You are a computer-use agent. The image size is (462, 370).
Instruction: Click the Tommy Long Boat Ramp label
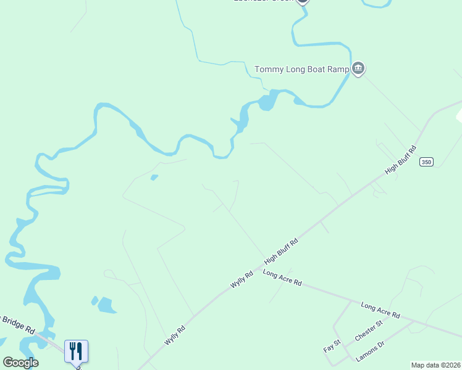(x=302, y=69)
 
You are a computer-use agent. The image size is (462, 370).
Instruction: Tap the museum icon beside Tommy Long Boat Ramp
(x=358, y=68)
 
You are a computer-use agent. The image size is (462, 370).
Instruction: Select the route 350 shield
(x=426, y=162)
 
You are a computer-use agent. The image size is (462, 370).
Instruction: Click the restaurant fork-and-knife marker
(x=77, y=351)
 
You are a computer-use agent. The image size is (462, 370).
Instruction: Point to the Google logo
(x=20, y=363)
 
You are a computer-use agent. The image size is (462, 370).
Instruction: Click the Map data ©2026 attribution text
(x=435, y=365)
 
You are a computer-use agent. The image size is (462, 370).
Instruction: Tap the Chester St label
(x=369, y=331)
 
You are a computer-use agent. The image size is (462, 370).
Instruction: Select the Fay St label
(x=332, y=346)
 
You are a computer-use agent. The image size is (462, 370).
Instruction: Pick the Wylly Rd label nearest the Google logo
(x=175, y=335)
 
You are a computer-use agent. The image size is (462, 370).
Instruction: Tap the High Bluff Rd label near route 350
(x=401, y=160)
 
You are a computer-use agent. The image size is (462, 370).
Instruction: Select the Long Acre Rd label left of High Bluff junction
(x=282, y=277)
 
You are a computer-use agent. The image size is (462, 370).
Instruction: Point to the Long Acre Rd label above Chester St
(x=380, y=310)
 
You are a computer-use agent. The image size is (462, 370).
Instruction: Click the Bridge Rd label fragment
(x=19, y=323)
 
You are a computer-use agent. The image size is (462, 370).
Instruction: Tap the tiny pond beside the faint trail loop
(x=154, y=178)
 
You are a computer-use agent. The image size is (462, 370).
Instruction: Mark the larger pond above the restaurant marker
(x=106, y=305)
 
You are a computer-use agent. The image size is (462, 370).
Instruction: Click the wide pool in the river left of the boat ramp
(x=267, y=101)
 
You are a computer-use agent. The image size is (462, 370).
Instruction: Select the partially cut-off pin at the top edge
(x=302, y=2)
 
